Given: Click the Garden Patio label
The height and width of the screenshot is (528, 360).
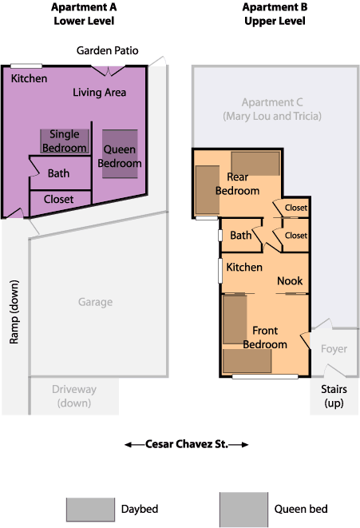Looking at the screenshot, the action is click(x=107, y=50).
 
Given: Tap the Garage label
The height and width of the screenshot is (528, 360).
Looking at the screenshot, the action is click(x=95, y=302).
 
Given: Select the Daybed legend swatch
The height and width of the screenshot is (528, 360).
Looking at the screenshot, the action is click(x=90, y=510).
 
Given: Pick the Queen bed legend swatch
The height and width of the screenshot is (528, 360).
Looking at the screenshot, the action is click(x=244, y=510).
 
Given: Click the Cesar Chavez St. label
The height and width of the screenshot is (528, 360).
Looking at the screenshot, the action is click(x=187, y=444).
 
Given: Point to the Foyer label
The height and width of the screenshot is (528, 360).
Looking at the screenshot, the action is click(x=334, y=349).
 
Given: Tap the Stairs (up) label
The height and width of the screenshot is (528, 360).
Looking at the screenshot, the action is click(x=334, y=396).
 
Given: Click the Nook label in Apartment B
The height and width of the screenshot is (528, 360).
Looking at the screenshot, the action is click(x=290, y=281).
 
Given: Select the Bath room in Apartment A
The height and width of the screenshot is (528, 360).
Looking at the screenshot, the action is click(x=61, y=173).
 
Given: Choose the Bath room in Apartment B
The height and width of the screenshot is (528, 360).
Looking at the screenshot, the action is click(x=241, y=235).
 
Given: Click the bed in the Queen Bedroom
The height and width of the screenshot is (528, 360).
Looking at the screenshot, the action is click(x=120, y=154).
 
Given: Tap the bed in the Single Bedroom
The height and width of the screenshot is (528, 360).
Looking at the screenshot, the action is click(x=65, y=141).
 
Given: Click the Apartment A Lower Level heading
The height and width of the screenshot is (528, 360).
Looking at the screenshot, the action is click(x=84, y=14).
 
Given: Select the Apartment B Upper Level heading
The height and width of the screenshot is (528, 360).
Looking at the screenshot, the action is click(x=275, y=14).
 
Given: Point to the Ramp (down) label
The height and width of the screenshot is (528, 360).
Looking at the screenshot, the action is click(x=14, y=312).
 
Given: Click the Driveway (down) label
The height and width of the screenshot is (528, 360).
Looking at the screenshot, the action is click(x=74, y=396).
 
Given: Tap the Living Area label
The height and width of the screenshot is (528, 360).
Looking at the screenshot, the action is click(x=100, y=93).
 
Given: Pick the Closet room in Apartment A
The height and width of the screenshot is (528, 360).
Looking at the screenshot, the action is click(x=61, y=201).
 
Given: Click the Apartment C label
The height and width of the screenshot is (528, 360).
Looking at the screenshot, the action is click(x=272, y=109).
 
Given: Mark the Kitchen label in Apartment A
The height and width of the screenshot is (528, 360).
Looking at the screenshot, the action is click(x=29, y=78).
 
